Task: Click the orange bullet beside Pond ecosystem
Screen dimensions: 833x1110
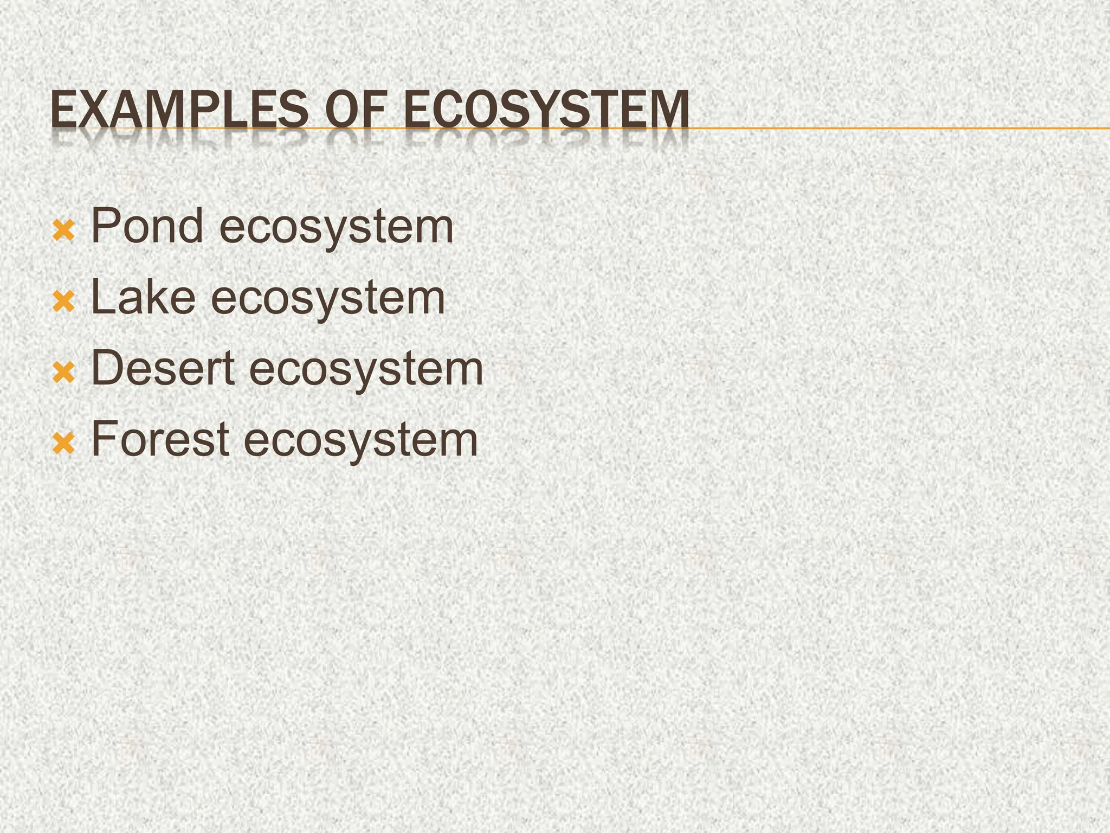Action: (x=63, y=232)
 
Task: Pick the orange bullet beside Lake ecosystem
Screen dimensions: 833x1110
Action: (x=63, y=303)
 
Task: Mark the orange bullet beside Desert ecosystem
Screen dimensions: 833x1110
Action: (x=63, y=374)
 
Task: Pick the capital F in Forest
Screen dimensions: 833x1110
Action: (x=105, y=438)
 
